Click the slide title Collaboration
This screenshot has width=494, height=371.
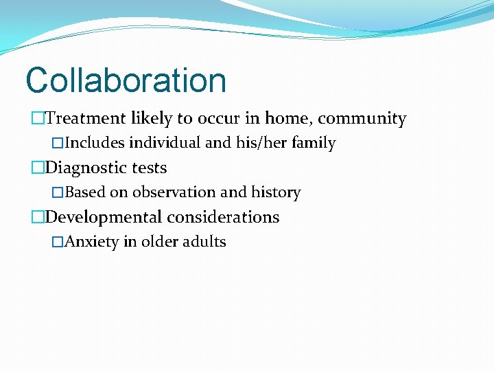[x=126, y=80]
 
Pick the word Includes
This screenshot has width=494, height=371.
[x=95, y=144]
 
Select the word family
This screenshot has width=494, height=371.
[x=313, y=144]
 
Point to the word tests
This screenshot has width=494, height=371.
[x=145, y=168]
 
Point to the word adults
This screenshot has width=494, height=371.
[x=204, y=243]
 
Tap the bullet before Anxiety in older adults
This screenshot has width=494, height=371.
[x=58, y=243]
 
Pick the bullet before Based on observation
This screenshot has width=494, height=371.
[x=58, y=193]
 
